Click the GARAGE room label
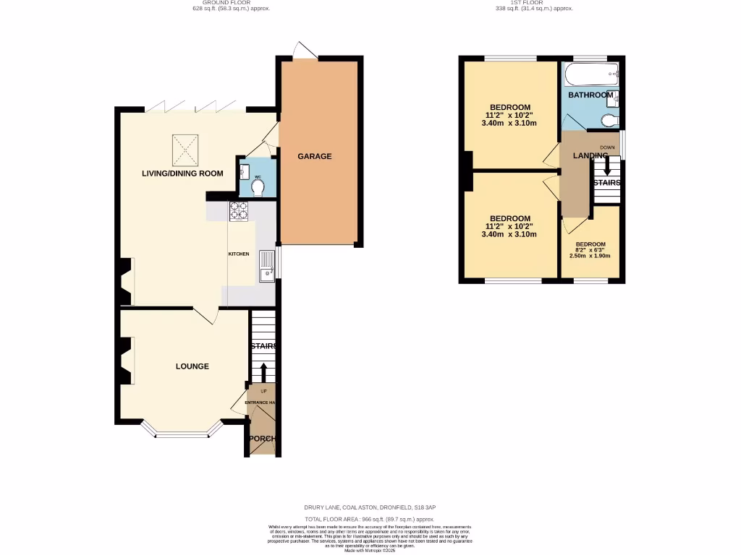315,156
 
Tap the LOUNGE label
192,366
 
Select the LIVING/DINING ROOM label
182,173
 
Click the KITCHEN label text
239,254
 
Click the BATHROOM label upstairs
590,95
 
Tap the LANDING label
590,156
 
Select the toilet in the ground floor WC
257,186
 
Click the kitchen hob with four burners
238,210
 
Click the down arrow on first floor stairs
606,166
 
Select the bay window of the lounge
181,433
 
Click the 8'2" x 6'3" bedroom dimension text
590,250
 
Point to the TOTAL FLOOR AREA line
370,519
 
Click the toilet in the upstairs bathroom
610,120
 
